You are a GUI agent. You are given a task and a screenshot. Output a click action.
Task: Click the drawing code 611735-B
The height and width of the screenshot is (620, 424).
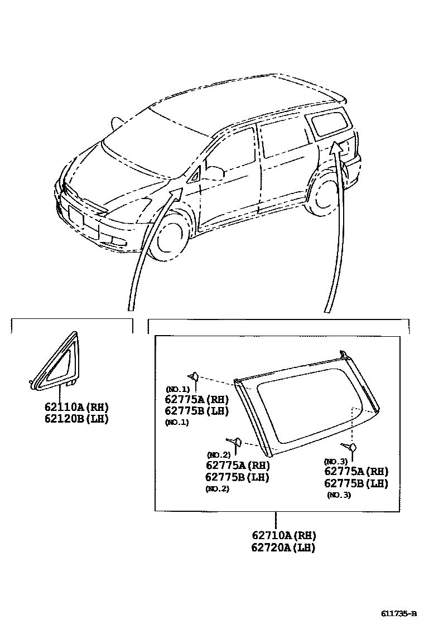(x=398, y=613)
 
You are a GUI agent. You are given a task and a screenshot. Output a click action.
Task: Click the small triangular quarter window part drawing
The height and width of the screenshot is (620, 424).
(x=56, y=363)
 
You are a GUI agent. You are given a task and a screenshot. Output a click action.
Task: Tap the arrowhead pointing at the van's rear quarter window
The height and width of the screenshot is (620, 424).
(x=335, y=147)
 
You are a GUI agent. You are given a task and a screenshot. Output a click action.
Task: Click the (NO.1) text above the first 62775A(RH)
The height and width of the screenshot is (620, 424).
(x=177, y=389)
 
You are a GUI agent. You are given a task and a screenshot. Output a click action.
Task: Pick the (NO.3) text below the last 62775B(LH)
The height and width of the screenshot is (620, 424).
(x=339, y=495)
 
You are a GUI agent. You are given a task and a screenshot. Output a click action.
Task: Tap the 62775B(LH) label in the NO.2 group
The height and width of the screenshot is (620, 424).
(x=237, y=477)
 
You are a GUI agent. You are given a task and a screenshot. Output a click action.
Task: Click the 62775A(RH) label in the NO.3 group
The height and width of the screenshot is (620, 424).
(x=356, y=472)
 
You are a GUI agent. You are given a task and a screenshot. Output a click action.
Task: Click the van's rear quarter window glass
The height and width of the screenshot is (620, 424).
(x=329, y=124)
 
